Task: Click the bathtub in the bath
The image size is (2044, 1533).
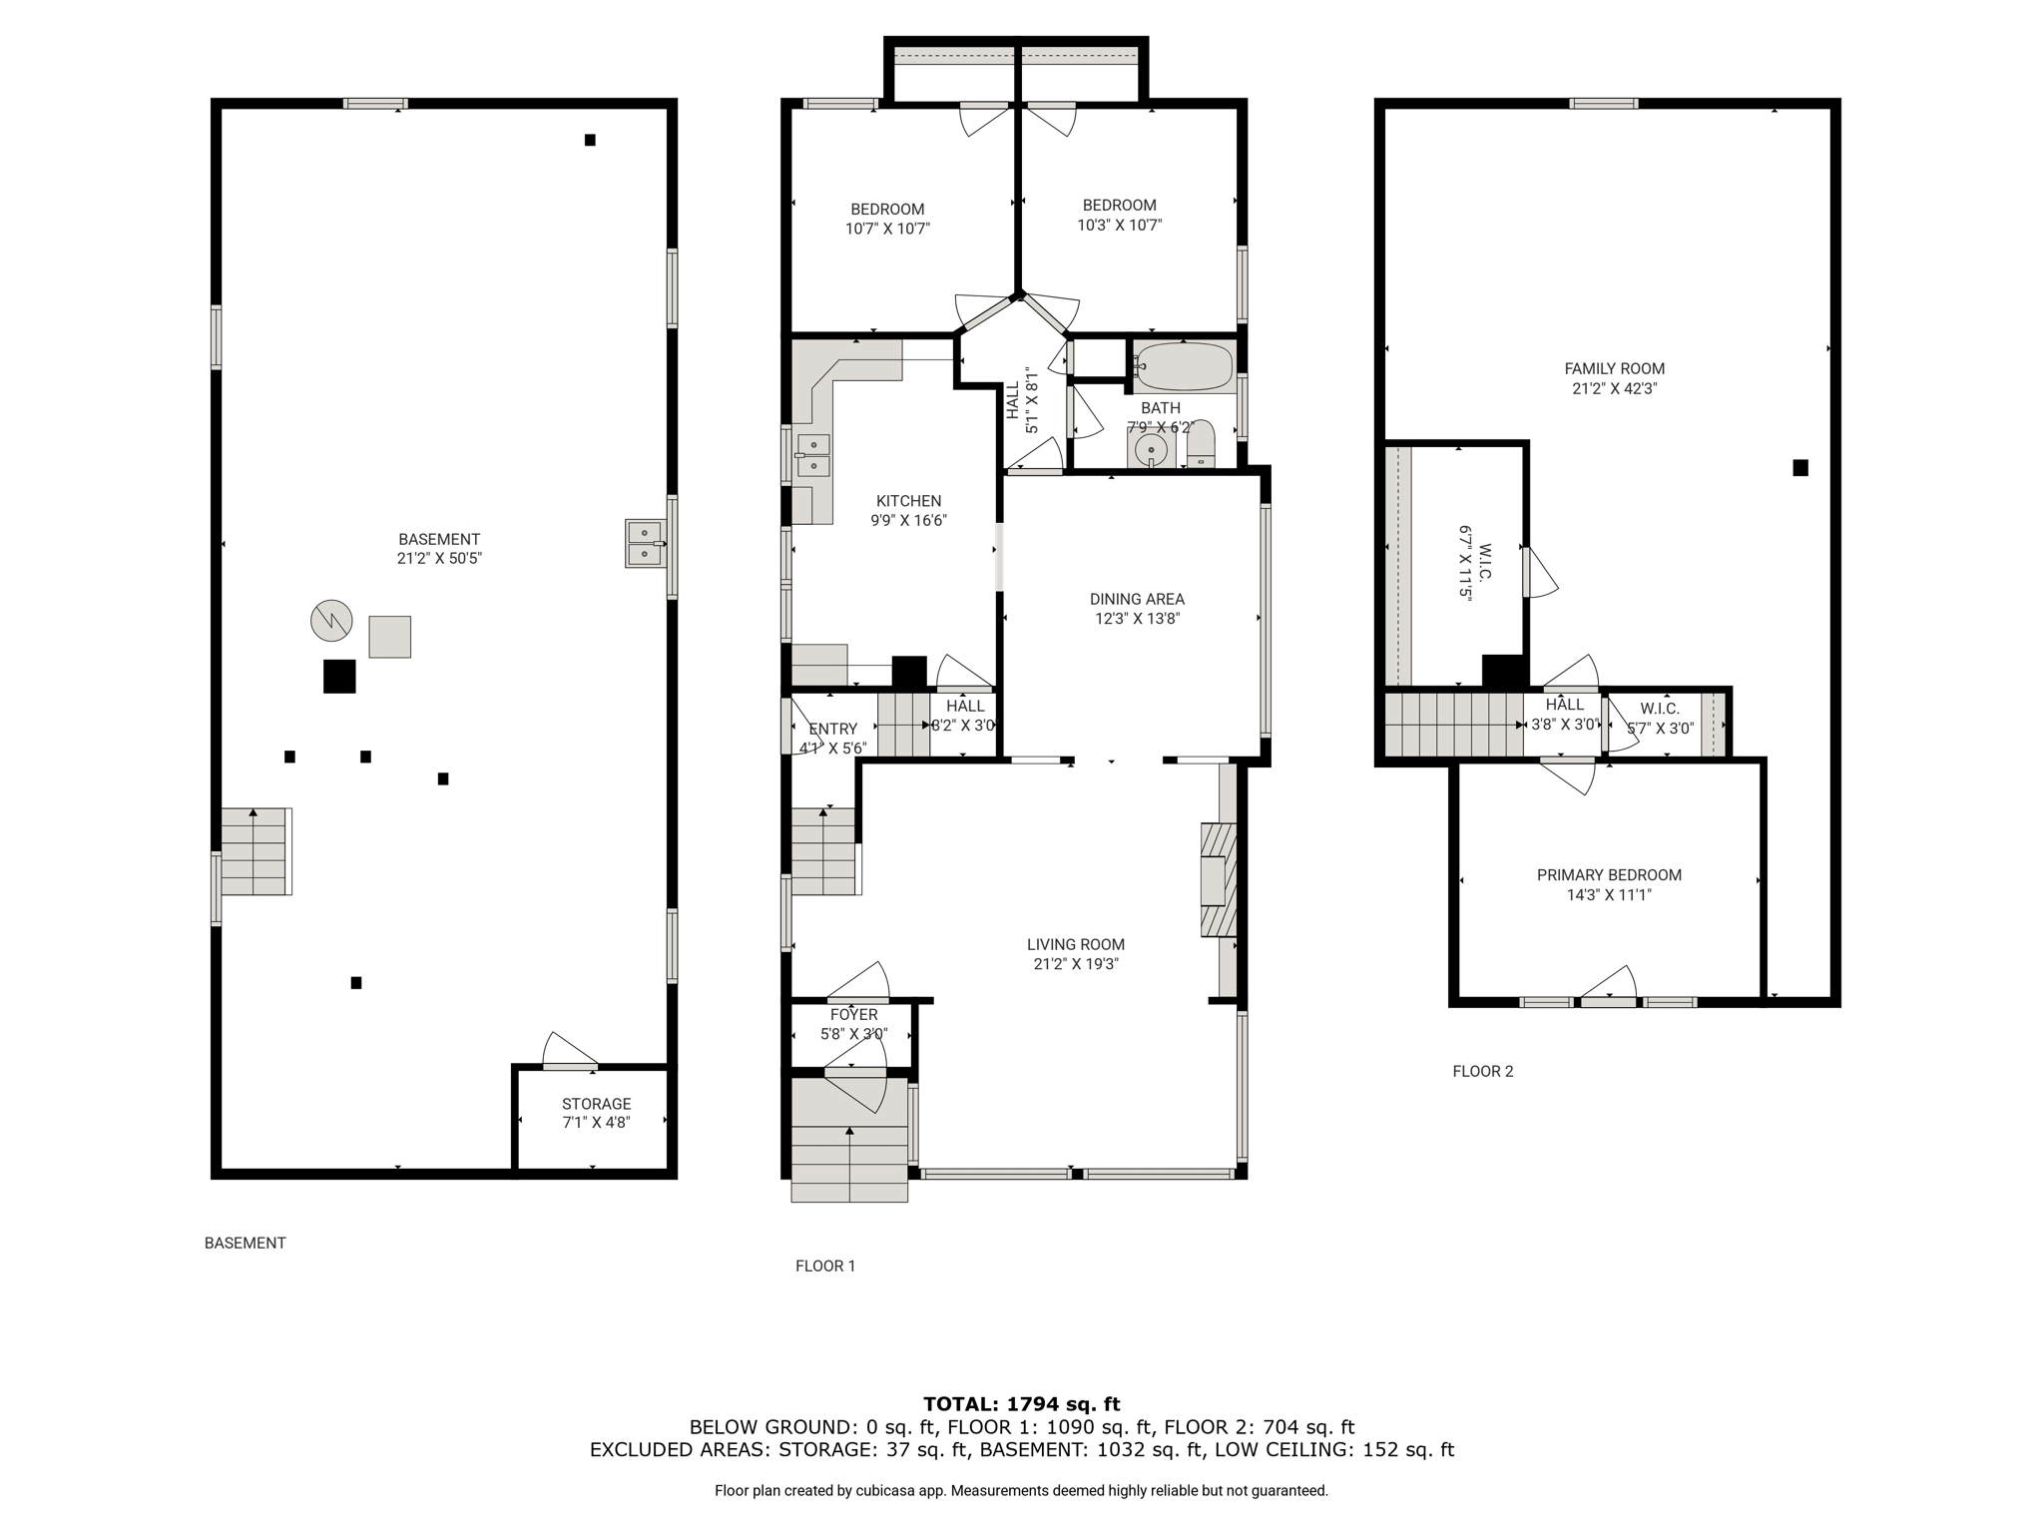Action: click(1184, 366)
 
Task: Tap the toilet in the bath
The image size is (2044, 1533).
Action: click(1201, 443)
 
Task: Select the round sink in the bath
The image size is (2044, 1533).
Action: click(1152, 449)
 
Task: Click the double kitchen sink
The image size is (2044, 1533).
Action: click(813, 456)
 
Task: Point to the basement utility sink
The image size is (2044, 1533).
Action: click(645, 543)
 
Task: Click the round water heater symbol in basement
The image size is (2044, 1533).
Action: click(331, 621)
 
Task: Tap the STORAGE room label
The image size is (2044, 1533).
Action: click(596, 1104)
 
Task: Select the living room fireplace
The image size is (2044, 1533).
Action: click(1218, 879)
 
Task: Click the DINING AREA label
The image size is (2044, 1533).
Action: click(1137, 599)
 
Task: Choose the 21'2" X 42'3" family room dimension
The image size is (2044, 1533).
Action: click(1614, 389)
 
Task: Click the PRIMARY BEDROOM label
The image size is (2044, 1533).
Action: click(1609, 875)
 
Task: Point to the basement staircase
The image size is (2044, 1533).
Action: click(255, 851)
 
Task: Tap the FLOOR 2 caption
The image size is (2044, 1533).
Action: click(1482, 1072)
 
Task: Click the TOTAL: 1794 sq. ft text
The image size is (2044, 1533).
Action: click(1021, 1404)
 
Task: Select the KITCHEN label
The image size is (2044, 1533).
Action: click(908, 501)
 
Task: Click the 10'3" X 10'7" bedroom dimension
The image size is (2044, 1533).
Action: click(1119, 226)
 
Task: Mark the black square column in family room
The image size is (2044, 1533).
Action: click(1800, 467)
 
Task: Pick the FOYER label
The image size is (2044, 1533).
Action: click(853, 1015)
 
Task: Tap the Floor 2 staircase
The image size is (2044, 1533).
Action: click(1453, 725)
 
